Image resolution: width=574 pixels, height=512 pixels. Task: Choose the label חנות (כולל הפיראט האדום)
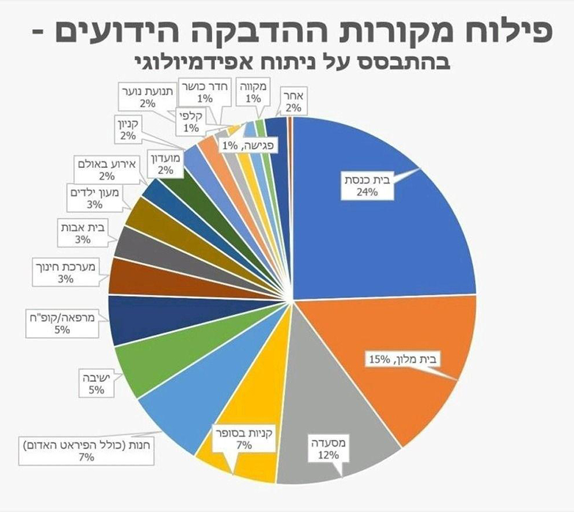(86, 449)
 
